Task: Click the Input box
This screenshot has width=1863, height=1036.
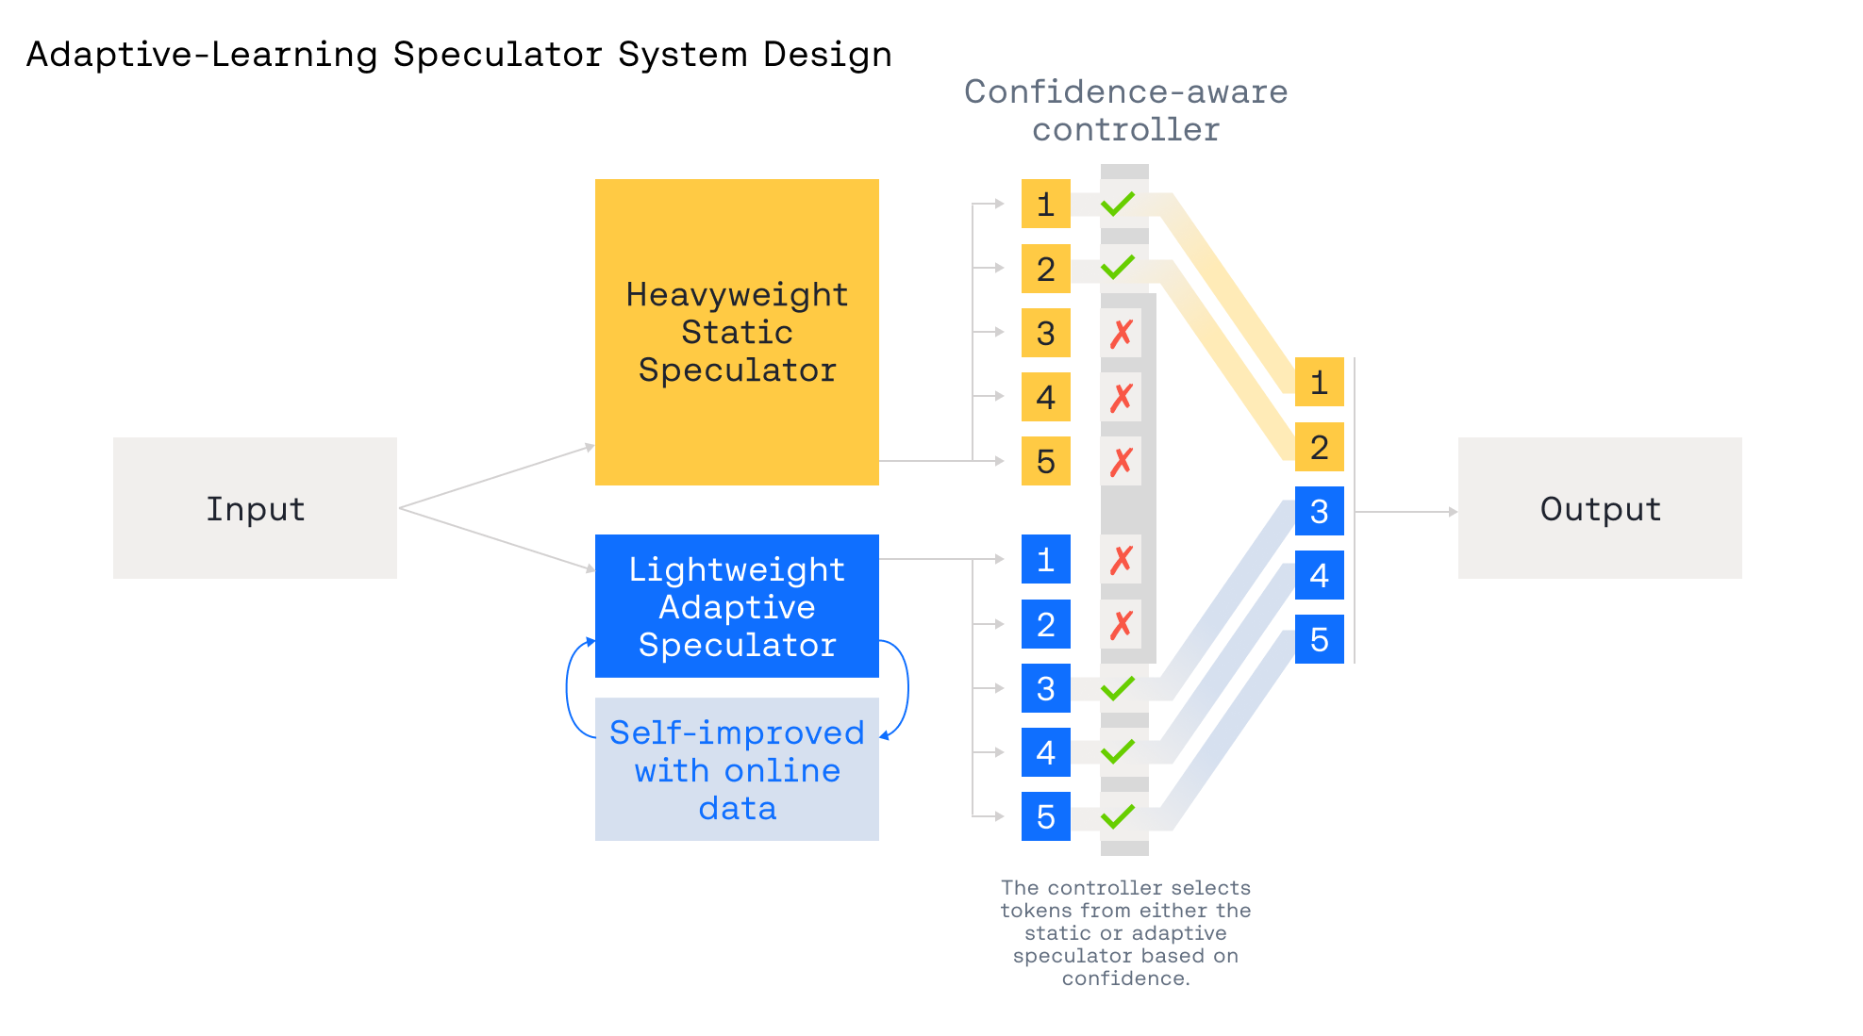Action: [x=255, y=508]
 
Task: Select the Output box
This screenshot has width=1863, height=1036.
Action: [x=1599, y=508]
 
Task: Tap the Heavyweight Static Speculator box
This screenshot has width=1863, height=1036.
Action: [x=737, y=332]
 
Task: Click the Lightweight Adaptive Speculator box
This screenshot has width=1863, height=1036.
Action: [x=737, y=606]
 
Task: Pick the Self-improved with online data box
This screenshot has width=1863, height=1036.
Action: [x=737, y=769]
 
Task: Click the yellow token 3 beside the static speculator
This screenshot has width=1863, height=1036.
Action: [x=1045, y=333]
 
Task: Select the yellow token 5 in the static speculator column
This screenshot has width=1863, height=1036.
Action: [x=1045, y=461]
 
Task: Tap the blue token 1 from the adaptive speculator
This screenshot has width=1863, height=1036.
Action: [x=1045, y=559]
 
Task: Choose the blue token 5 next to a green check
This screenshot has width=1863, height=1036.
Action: [x=1045, y=816]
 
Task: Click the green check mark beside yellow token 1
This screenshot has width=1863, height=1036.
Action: [x=1118, y=204]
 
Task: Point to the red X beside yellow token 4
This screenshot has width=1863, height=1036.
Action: [x=1122, y=398]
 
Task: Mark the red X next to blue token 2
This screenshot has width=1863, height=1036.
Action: [x=1122, y=624]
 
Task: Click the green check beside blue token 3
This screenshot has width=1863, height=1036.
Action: [x=1118, y=688]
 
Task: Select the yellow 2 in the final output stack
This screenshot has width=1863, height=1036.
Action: [x=1319, y=447]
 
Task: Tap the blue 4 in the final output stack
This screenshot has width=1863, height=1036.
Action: [x=1319, y=575]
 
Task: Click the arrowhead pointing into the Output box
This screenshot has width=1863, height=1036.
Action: [x=1453, y=512]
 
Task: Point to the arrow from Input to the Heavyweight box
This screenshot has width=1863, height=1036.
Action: [x=497, y=476]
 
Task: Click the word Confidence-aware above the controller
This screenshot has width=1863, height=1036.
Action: [x=1125, y=91]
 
